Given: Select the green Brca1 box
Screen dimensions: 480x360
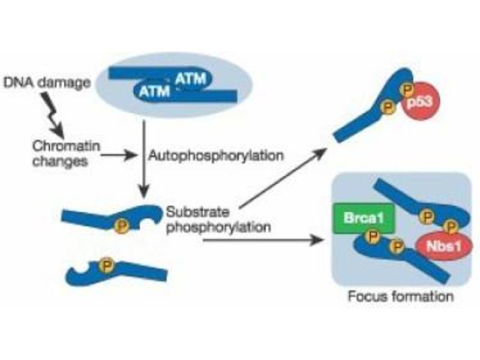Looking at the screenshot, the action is click(364, 218).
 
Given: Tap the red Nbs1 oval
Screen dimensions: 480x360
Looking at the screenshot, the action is click(444, 246).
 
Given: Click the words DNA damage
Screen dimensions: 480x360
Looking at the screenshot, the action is click(47, 82).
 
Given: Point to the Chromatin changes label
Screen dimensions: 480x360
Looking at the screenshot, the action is click(66, 153).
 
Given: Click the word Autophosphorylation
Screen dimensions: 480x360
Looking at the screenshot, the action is click(216, 156).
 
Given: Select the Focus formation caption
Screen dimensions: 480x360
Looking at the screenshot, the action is click(401, 296).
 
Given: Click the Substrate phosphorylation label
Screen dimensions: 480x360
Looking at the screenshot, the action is click(218, 220).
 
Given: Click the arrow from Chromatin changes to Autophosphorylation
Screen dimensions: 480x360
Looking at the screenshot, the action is click(119, 156).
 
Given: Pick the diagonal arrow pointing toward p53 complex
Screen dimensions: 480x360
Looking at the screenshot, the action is click(281, 178).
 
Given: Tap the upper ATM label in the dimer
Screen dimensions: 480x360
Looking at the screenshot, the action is click(190, 79).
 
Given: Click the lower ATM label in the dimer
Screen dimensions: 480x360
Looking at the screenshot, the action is click(154, 91).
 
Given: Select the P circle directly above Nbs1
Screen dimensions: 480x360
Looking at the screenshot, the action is click(451, 227).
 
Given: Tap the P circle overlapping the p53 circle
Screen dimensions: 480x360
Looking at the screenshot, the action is click(407, 89).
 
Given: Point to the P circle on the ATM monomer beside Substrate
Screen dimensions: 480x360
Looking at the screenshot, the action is click(122, 227).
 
